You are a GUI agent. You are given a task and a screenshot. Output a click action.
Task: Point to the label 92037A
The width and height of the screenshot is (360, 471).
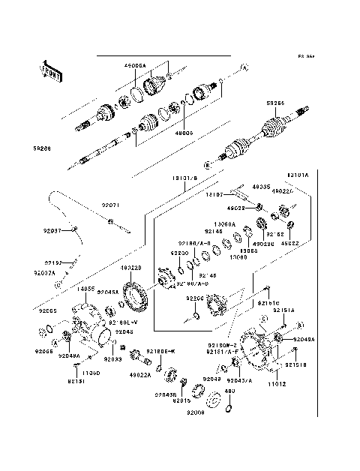44,274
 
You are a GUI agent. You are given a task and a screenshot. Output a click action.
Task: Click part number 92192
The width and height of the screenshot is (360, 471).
52,263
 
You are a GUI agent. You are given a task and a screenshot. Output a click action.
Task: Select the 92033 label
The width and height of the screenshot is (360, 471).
112,359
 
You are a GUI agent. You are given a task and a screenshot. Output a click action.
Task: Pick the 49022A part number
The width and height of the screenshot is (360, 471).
140,373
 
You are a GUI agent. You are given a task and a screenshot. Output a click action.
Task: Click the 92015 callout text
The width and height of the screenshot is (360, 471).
183,401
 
